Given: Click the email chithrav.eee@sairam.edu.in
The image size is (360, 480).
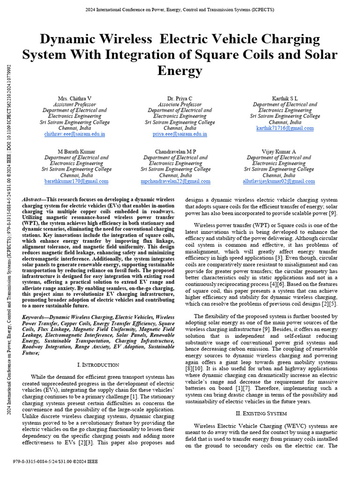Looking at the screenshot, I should click(75, 134).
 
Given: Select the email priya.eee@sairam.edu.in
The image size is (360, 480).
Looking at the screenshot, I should click(180, 134).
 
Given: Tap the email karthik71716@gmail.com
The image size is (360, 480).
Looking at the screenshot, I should click(285, 128).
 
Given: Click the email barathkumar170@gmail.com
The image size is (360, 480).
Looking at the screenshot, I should click(76, 181).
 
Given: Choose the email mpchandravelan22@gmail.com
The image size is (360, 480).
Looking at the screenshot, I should click(176, 181).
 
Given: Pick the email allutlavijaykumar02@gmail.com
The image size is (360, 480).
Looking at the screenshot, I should click(278, 181).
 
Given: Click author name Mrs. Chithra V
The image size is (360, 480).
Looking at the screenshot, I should click(75, 98).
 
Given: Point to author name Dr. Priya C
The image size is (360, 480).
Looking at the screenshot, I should click(180, 98).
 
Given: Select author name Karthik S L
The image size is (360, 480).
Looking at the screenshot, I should click(285, 98).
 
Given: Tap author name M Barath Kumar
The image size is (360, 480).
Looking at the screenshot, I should click(76, 152).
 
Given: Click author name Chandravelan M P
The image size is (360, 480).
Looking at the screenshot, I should click(176, 152).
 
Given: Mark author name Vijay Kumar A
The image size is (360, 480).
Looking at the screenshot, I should click(278, 152).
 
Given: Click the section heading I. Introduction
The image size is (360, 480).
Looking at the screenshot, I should click(97, 365).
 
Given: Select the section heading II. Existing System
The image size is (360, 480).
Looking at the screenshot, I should click(261, 413).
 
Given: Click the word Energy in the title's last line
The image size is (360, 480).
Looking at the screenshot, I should click(180, 71).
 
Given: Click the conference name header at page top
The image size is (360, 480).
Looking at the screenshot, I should click(180, 9).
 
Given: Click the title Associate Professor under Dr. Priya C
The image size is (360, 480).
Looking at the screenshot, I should click(180, 105).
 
